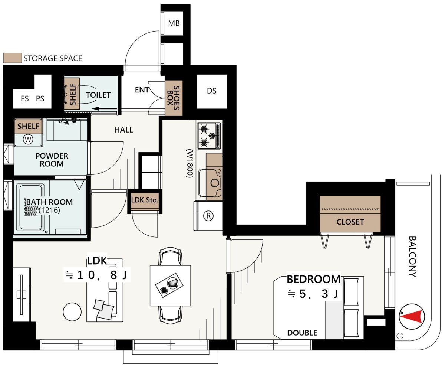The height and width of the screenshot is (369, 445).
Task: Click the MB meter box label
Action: pyautogui.click(x=174, y=23)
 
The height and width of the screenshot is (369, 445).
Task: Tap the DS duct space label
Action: pyautogui.click(x=211, y=91)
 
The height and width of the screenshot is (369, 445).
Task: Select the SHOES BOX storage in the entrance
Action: pyautogui.click(x=174, y=98)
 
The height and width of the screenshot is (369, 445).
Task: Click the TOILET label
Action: pyautogui.click(x=98, y=95)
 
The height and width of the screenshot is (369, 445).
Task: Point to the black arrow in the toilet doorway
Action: pyautogui.click(x=105, y=109)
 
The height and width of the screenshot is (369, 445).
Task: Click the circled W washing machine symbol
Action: pyautogui.click(x=28, y=140)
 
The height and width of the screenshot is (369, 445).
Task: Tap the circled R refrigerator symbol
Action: pyautogui.click(x=208, y=216)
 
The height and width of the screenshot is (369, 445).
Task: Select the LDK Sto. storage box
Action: pyautogui.click(x=145, y=200)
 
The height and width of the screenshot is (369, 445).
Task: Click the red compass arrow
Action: pyautogui.click(x=412, y=316)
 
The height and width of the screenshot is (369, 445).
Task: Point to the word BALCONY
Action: pyautogui.click(x=413, y=257)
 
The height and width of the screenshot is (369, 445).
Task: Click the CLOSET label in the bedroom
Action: pyautogui.click(x=350, y=222)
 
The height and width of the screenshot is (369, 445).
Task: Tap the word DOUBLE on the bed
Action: pyautogui.click(x=302, y=333)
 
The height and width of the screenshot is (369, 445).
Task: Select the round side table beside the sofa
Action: pyautogui.click(x=72, y=312)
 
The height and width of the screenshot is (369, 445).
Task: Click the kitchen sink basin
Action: pyautogui.click(x=210, y=183)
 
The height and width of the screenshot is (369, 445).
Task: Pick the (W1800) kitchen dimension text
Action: pyautogui.click(x=189, y=163)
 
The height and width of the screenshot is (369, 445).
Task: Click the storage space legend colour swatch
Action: pyautogui.click(x=13, y=58)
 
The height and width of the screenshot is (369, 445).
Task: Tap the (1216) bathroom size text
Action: pyautogui.click(x=49, y=210)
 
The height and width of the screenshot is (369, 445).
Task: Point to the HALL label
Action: pyautogui.click(x=123, y=130)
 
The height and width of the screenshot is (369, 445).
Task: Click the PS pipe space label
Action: pyautogui.click(x=40, y=99)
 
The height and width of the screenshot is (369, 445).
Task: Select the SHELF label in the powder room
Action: pyautogui.click(x=28, y=126)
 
